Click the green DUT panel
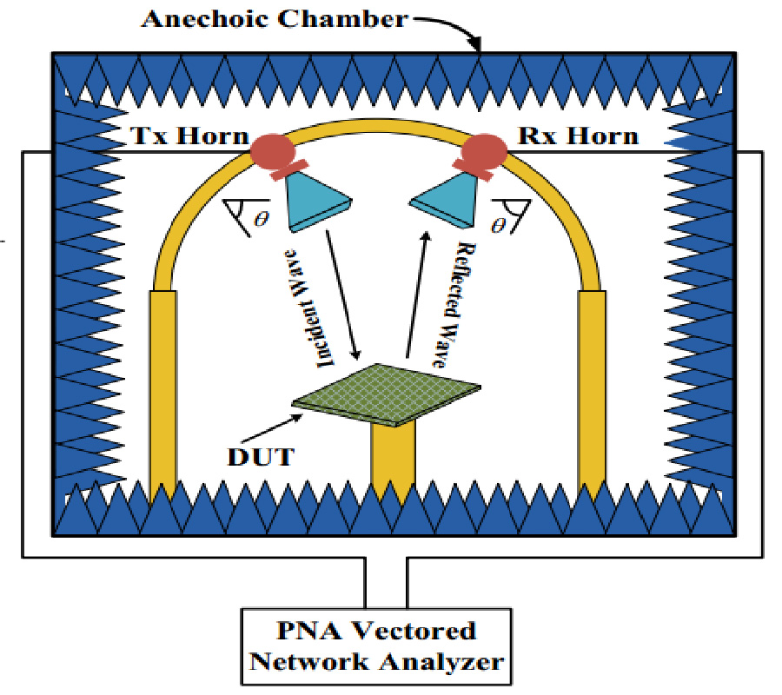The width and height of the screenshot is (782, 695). coord(387,391)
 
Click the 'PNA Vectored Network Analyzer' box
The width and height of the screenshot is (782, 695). coord(375,645)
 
